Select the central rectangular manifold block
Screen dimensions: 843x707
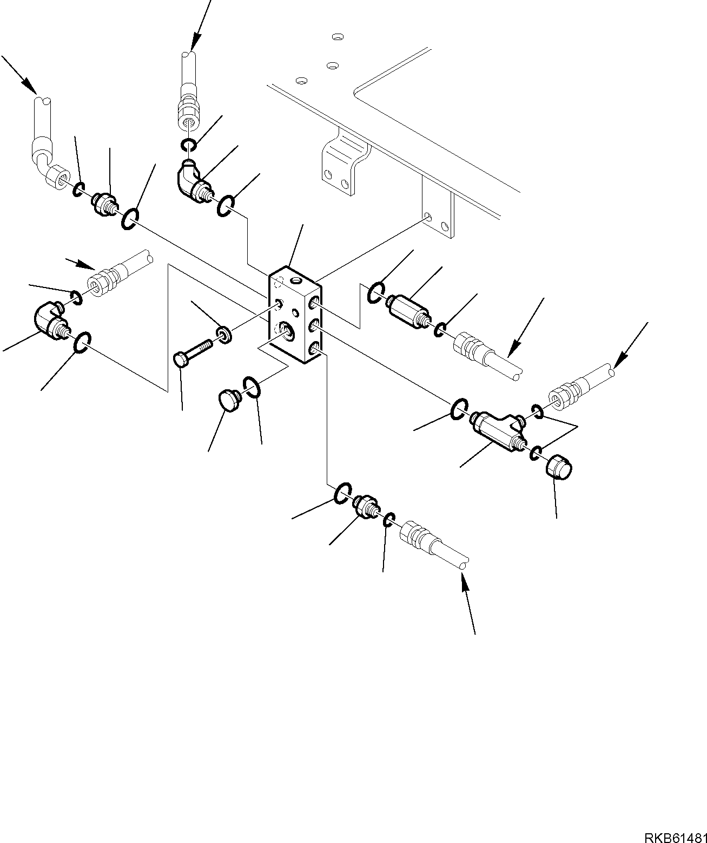[295, 317]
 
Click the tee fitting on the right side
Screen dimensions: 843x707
[498, 430]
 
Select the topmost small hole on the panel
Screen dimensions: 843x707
[338, 37]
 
